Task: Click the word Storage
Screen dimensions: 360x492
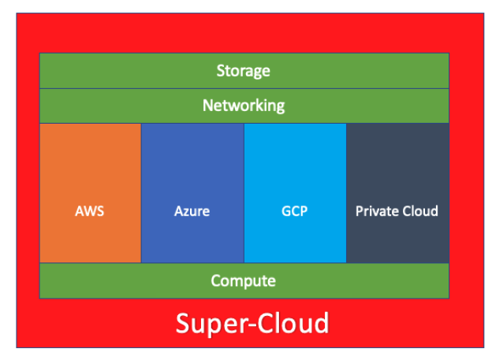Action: [x=243, y=71]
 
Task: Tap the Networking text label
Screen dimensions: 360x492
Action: [x=243, y=106]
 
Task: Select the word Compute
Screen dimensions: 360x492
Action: [x=243, y=280]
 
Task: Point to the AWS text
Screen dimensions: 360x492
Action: [x=90, y=211]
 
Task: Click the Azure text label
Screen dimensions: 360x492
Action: [x=192, y=211]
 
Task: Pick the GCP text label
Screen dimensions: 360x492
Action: [x=294, y=211]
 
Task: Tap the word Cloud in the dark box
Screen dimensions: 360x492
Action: [x=419, y=211]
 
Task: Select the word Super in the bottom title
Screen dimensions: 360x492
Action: [x=207, y=324]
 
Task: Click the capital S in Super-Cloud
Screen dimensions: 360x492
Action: [x=184, y=324]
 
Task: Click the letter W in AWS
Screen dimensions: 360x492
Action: [x=90, y=211]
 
